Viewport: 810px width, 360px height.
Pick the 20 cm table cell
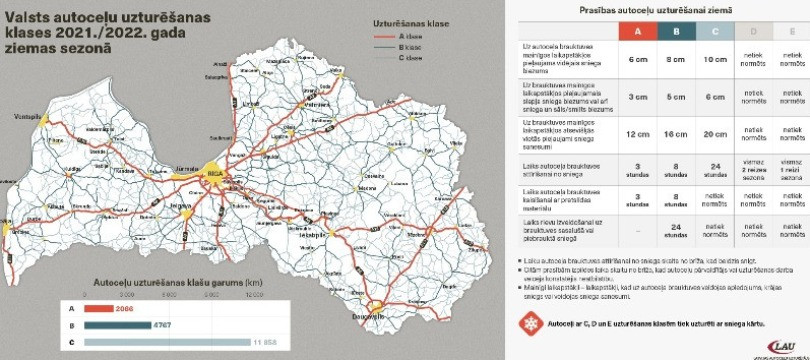[x=716, y=134]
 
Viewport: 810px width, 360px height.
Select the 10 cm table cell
[x=716, y=60]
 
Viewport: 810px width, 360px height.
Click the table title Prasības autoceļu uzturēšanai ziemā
[x=655, y=9]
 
